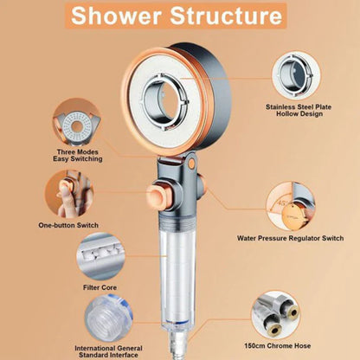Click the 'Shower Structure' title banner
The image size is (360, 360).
[179, 17]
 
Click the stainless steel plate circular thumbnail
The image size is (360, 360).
[298, 75]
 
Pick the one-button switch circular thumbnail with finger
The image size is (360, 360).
[72, 192]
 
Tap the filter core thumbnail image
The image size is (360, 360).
[102, 256]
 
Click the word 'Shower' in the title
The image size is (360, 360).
[123, 17]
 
